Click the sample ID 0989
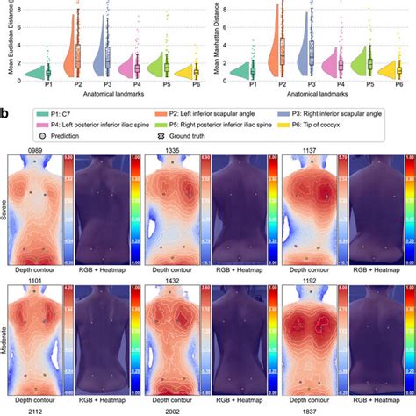click(x=36, y=150)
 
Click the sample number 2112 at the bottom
click(x=36, y=408)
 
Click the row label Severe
click(x=4, y=211)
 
